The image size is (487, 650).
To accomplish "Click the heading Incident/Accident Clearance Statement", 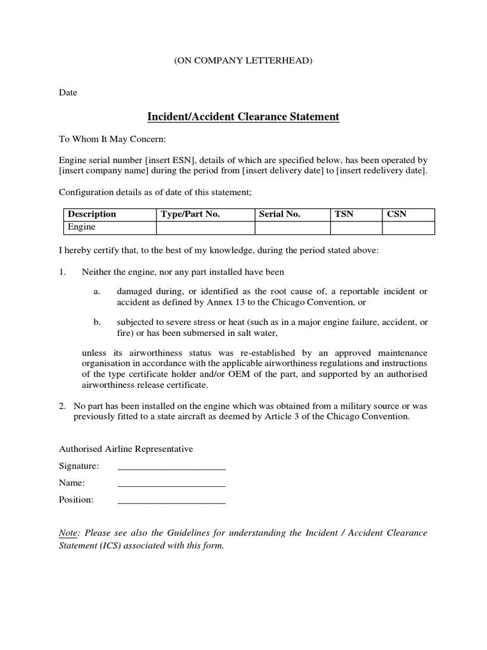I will coord(243,117).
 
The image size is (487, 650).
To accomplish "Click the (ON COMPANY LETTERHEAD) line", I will coord(243,61).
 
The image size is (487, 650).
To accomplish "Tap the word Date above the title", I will coord(68,93).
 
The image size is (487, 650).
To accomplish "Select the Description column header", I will coord(92,215).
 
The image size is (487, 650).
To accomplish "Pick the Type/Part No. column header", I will coord(190,215).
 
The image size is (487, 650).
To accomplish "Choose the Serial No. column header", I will coord(280,215).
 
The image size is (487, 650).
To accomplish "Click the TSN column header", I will coord(344,215).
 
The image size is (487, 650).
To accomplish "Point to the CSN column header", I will coord(396,215).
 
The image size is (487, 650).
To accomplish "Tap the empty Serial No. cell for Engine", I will coord(292,227).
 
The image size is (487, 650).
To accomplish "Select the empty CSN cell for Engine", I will coord(408,227).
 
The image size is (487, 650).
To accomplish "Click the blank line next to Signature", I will coord(172,468).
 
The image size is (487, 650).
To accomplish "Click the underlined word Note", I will coord(69,533).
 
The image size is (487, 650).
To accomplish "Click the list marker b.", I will coord(97,322).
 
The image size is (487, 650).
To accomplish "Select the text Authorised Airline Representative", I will coord(126,449).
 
